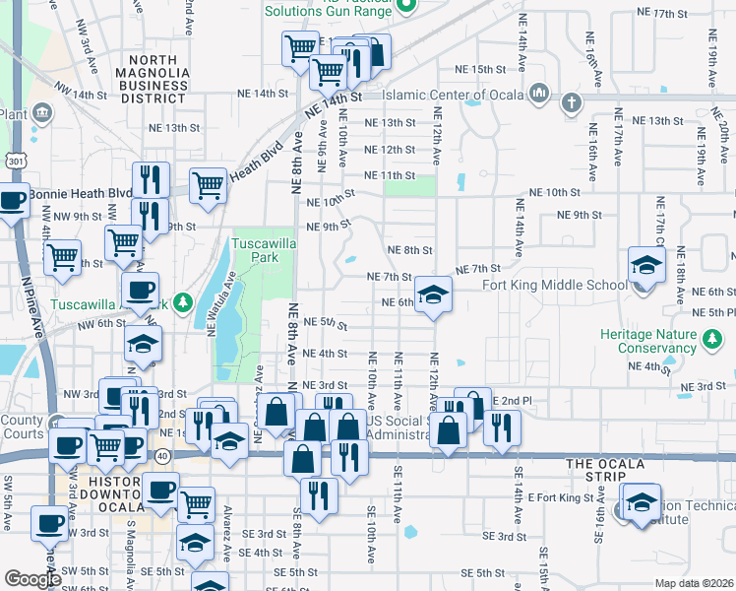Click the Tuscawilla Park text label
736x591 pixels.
tap(255, 251)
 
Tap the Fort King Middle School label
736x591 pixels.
tap(554, 286)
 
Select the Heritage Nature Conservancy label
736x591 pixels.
tap(648, 341)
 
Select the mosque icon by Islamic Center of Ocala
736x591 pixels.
tap(537, 95)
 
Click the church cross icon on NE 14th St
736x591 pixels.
tap(571, 100)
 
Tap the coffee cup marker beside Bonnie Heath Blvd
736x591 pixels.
tap(13, 201)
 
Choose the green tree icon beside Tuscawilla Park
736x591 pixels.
tap(181, 302)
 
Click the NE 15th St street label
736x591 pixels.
tap(479, 70)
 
